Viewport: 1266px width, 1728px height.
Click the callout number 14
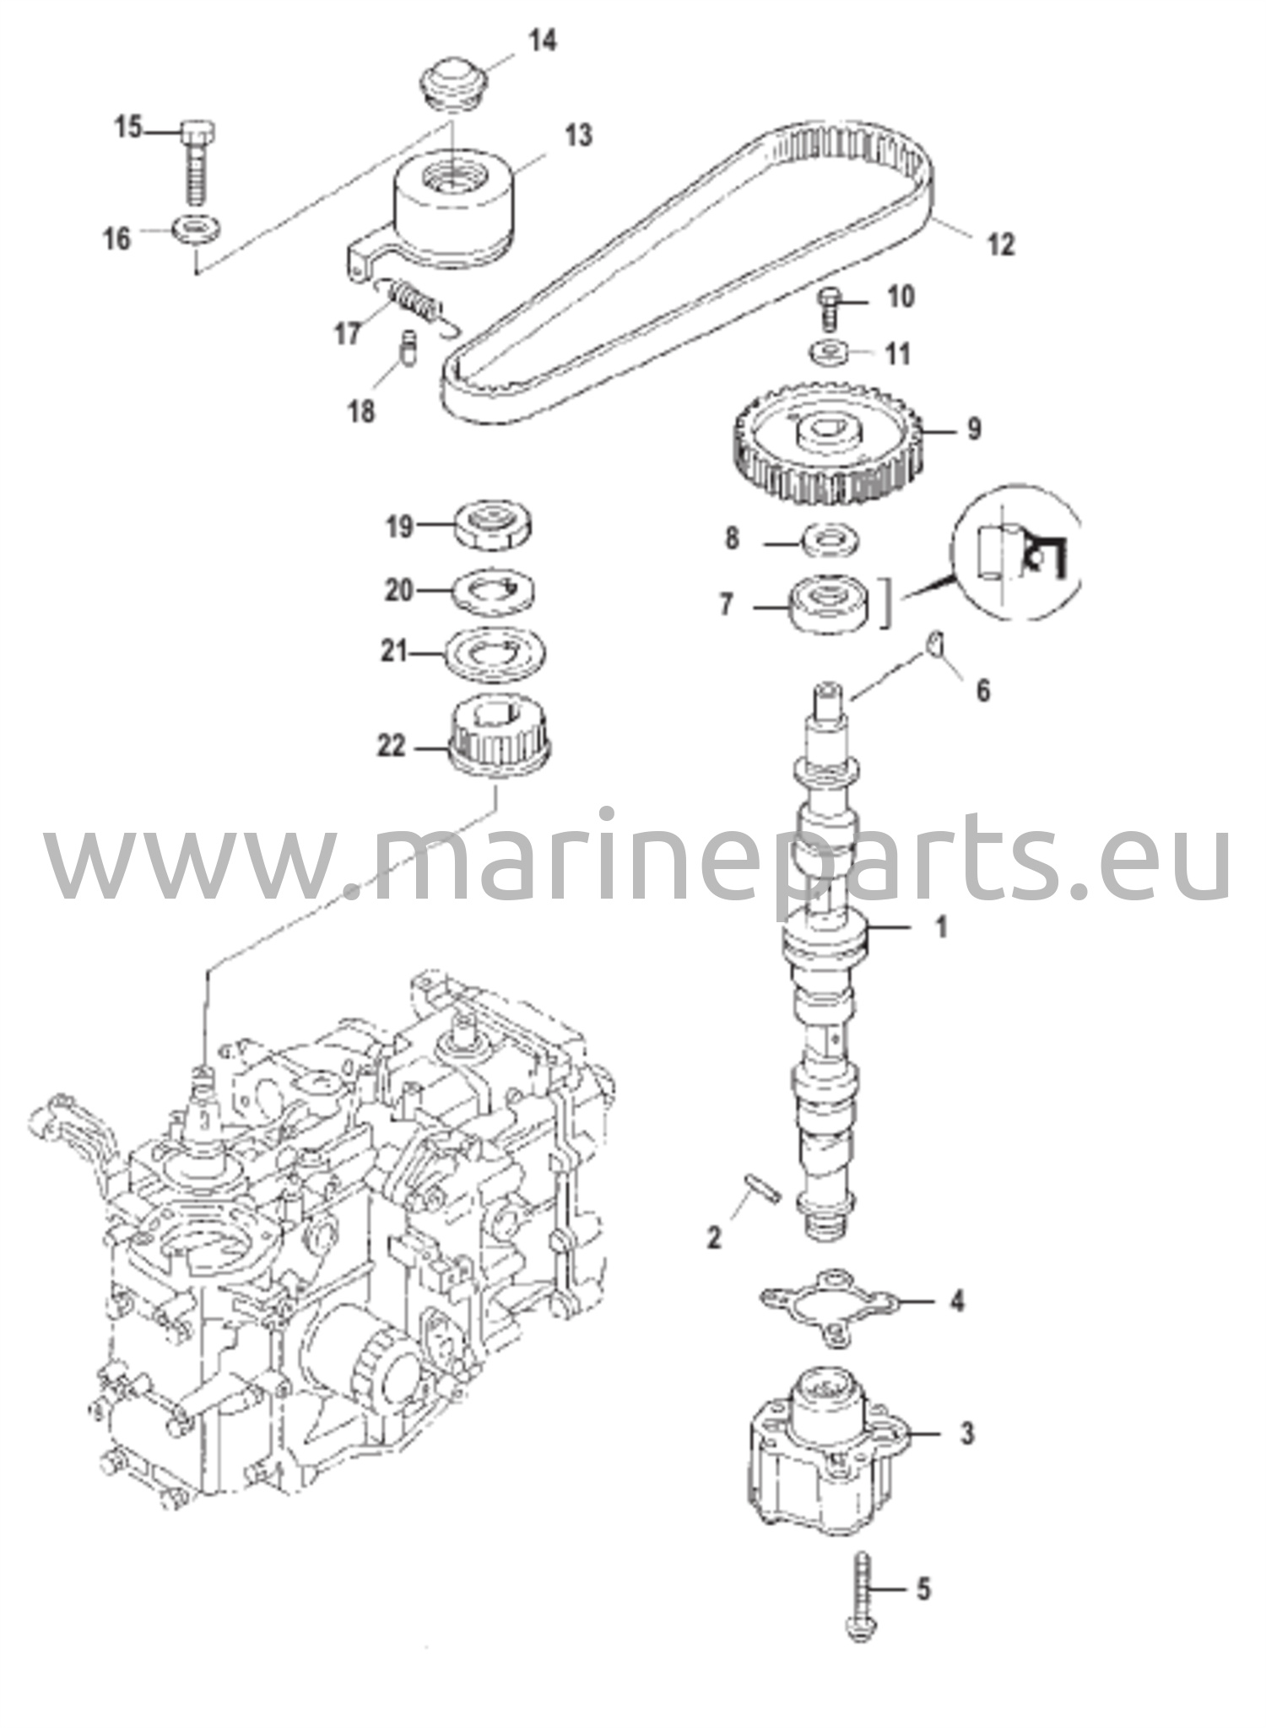544,40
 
